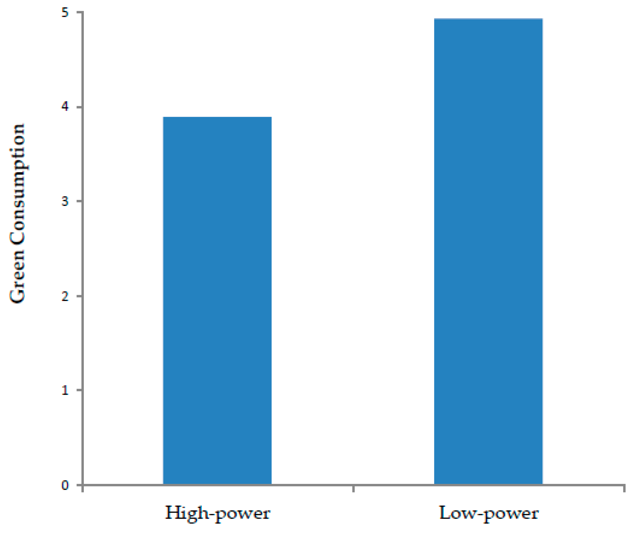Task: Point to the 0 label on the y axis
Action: click(65, 485)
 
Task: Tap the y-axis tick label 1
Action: click(65, 390)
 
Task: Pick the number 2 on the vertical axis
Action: click(65, 296)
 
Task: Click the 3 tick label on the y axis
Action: click(65, 201)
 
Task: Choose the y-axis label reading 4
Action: click(65, 107)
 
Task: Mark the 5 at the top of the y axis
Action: click(65, 13)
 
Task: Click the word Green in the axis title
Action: click(17, 277)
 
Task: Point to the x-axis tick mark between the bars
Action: click(353, 489)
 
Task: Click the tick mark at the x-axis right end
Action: click(624, 489)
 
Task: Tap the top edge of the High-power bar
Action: click(217, 117)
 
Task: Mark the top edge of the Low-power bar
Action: click(488, 19)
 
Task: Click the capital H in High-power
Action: click(172, 512)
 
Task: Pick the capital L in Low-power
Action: click(445, 512)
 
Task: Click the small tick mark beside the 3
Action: click(79, 201)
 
